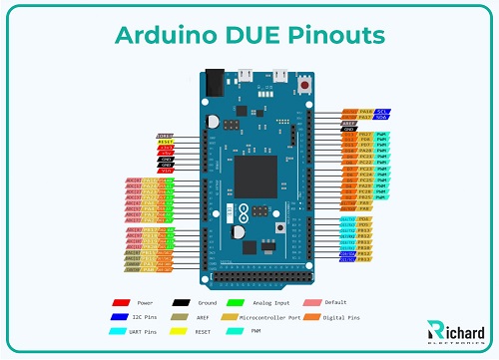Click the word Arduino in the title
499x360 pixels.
(164, 36)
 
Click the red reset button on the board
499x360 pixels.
(303, 88)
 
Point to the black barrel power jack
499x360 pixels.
(213, 80)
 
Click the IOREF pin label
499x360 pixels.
(166, 136)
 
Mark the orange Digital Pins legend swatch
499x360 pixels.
(311, 314)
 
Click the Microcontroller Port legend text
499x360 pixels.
(268, 314)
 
